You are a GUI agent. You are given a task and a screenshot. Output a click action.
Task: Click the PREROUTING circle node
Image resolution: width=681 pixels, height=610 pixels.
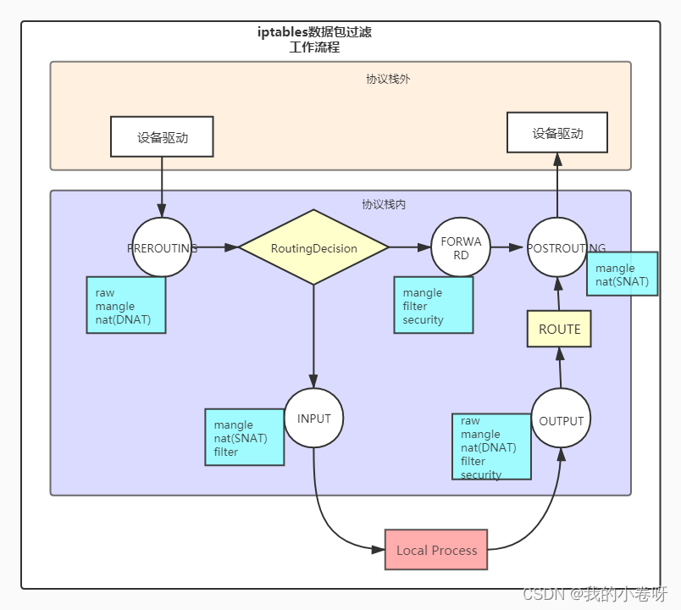pos(162,247)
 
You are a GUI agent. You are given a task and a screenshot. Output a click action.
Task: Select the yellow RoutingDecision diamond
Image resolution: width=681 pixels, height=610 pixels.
pos(313,247)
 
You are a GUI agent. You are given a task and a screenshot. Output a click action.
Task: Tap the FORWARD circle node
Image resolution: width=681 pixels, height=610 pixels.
pos(461,247)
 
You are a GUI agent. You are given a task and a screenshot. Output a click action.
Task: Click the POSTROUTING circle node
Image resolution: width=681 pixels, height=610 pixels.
pos(556,247)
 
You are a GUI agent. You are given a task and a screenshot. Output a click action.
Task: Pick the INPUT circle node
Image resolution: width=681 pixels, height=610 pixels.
pos(313,419)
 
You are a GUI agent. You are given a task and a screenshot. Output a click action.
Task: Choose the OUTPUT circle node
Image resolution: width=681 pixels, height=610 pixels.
pos(561,420)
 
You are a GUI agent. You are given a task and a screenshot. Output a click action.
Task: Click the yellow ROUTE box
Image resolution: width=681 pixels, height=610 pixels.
pos(559,330)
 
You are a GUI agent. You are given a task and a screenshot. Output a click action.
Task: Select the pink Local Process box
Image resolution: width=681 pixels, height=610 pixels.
pos(436,550)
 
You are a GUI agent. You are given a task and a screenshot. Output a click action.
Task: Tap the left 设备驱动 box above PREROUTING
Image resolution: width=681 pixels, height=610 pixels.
pos(162,137)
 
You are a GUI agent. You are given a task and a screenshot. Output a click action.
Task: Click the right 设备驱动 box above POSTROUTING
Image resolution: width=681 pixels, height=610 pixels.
pos(556,133)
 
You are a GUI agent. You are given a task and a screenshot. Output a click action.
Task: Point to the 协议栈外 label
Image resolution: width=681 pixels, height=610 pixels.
pos(389,79)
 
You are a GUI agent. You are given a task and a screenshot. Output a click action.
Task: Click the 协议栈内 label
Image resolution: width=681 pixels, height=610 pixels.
pos(384,204)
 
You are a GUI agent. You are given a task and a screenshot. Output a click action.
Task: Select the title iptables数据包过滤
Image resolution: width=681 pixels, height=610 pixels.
pos(314,32)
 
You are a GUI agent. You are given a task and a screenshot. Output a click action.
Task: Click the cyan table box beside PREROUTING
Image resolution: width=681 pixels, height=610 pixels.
pos(125,306)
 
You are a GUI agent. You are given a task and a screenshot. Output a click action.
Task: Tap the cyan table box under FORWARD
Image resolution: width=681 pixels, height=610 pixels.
pos(433,306)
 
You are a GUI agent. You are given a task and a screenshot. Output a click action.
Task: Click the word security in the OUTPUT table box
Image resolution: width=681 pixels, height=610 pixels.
pos(481,474)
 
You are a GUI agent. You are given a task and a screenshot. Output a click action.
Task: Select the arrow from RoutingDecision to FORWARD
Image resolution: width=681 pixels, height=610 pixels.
pos(410,247)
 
